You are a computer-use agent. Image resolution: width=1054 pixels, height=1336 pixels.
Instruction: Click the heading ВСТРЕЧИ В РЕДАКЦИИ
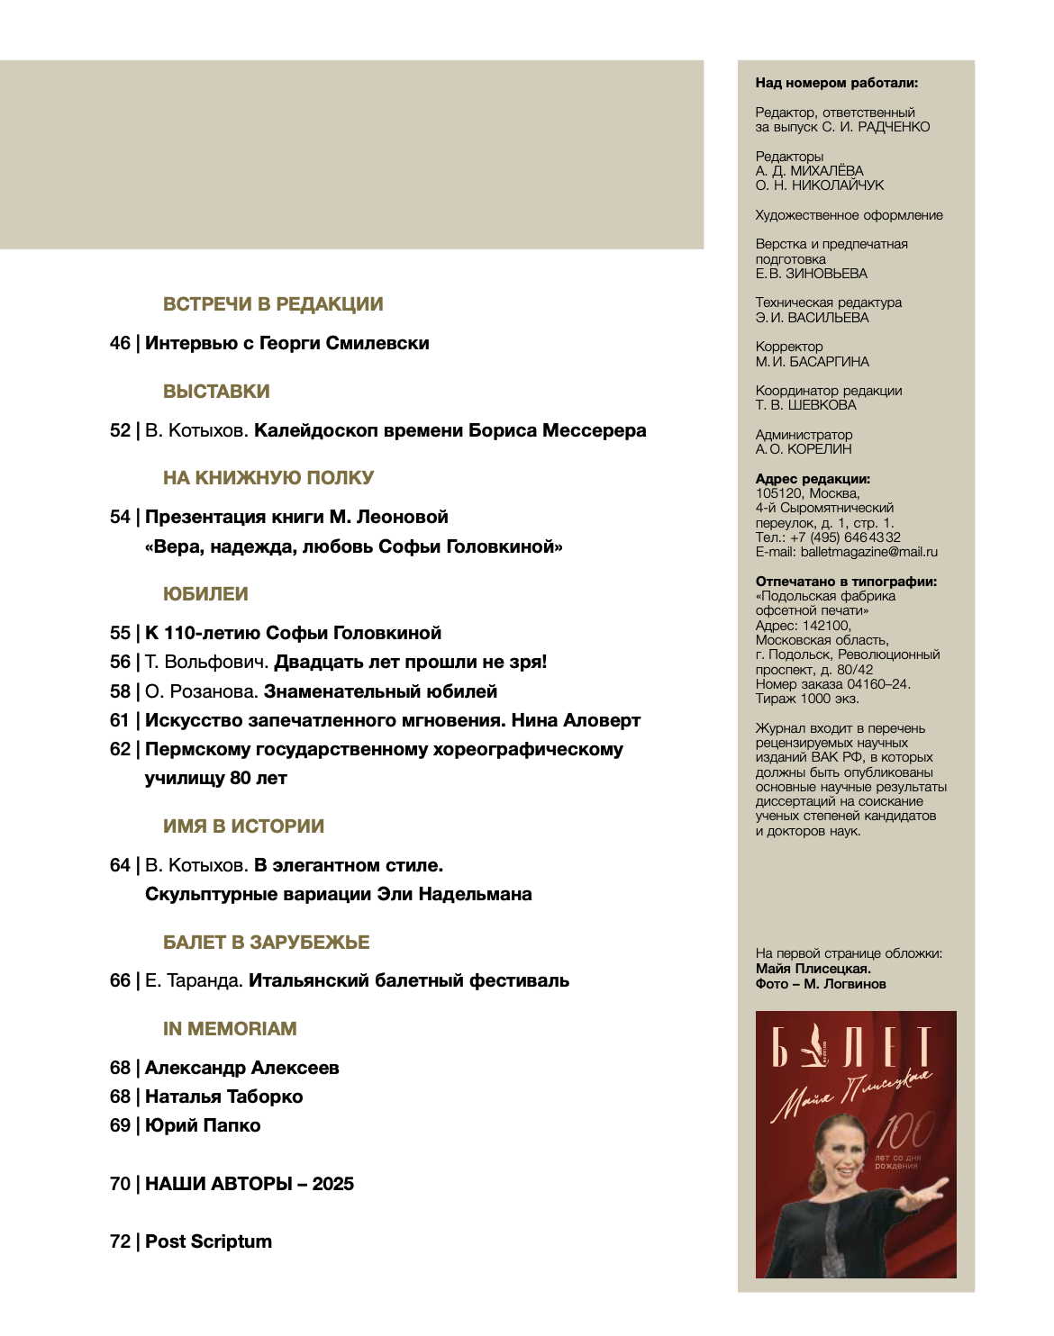coord(273,304)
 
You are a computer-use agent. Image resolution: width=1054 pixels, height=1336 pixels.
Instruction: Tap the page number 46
coord(120,343)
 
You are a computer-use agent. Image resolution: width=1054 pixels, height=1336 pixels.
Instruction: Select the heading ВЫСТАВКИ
coord(216,392)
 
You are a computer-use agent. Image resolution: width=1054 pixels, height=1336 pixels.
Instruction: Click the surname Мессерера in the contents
coord(594,430)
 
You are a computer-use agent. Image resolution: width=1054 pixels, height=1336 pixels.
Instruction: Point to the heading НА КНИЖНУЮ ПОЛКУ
coord(268,478)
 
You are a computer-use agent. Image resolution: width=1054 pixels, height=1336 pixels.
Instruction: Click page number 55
coord(120,633)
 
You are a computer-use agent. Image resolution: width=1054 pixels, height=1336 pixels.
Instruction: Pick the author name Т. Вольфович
coord(206,662)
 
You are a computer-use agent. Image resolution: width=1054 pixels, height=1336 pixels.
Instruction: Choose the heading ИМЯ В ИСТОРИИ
coord(243,826)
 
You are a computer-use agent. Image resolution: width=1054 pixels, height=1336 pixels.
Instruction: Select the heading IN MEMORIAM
coord(230,1029)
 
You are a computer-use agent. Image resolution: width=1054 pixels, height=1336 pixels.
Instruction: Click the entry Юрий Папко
coord(203,1125)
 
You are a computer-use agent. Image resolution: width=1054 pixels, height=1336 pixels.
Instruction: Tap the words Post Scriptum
coord(208,1241)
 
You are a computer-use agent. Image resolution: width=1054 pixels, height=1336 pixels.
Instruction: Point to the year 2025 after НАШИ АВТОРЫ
coord(332,1184)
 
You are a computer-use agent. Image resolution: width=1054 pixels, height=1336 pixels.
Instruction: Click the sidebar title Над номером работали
coord(836,83)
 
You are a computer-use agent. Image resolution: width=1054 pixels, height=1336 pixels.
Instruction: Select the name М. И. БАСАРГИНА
coord(812,362)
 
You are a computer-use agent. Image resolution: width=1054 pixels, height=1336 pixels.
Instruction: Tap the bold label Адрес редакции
coord(813,479)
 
